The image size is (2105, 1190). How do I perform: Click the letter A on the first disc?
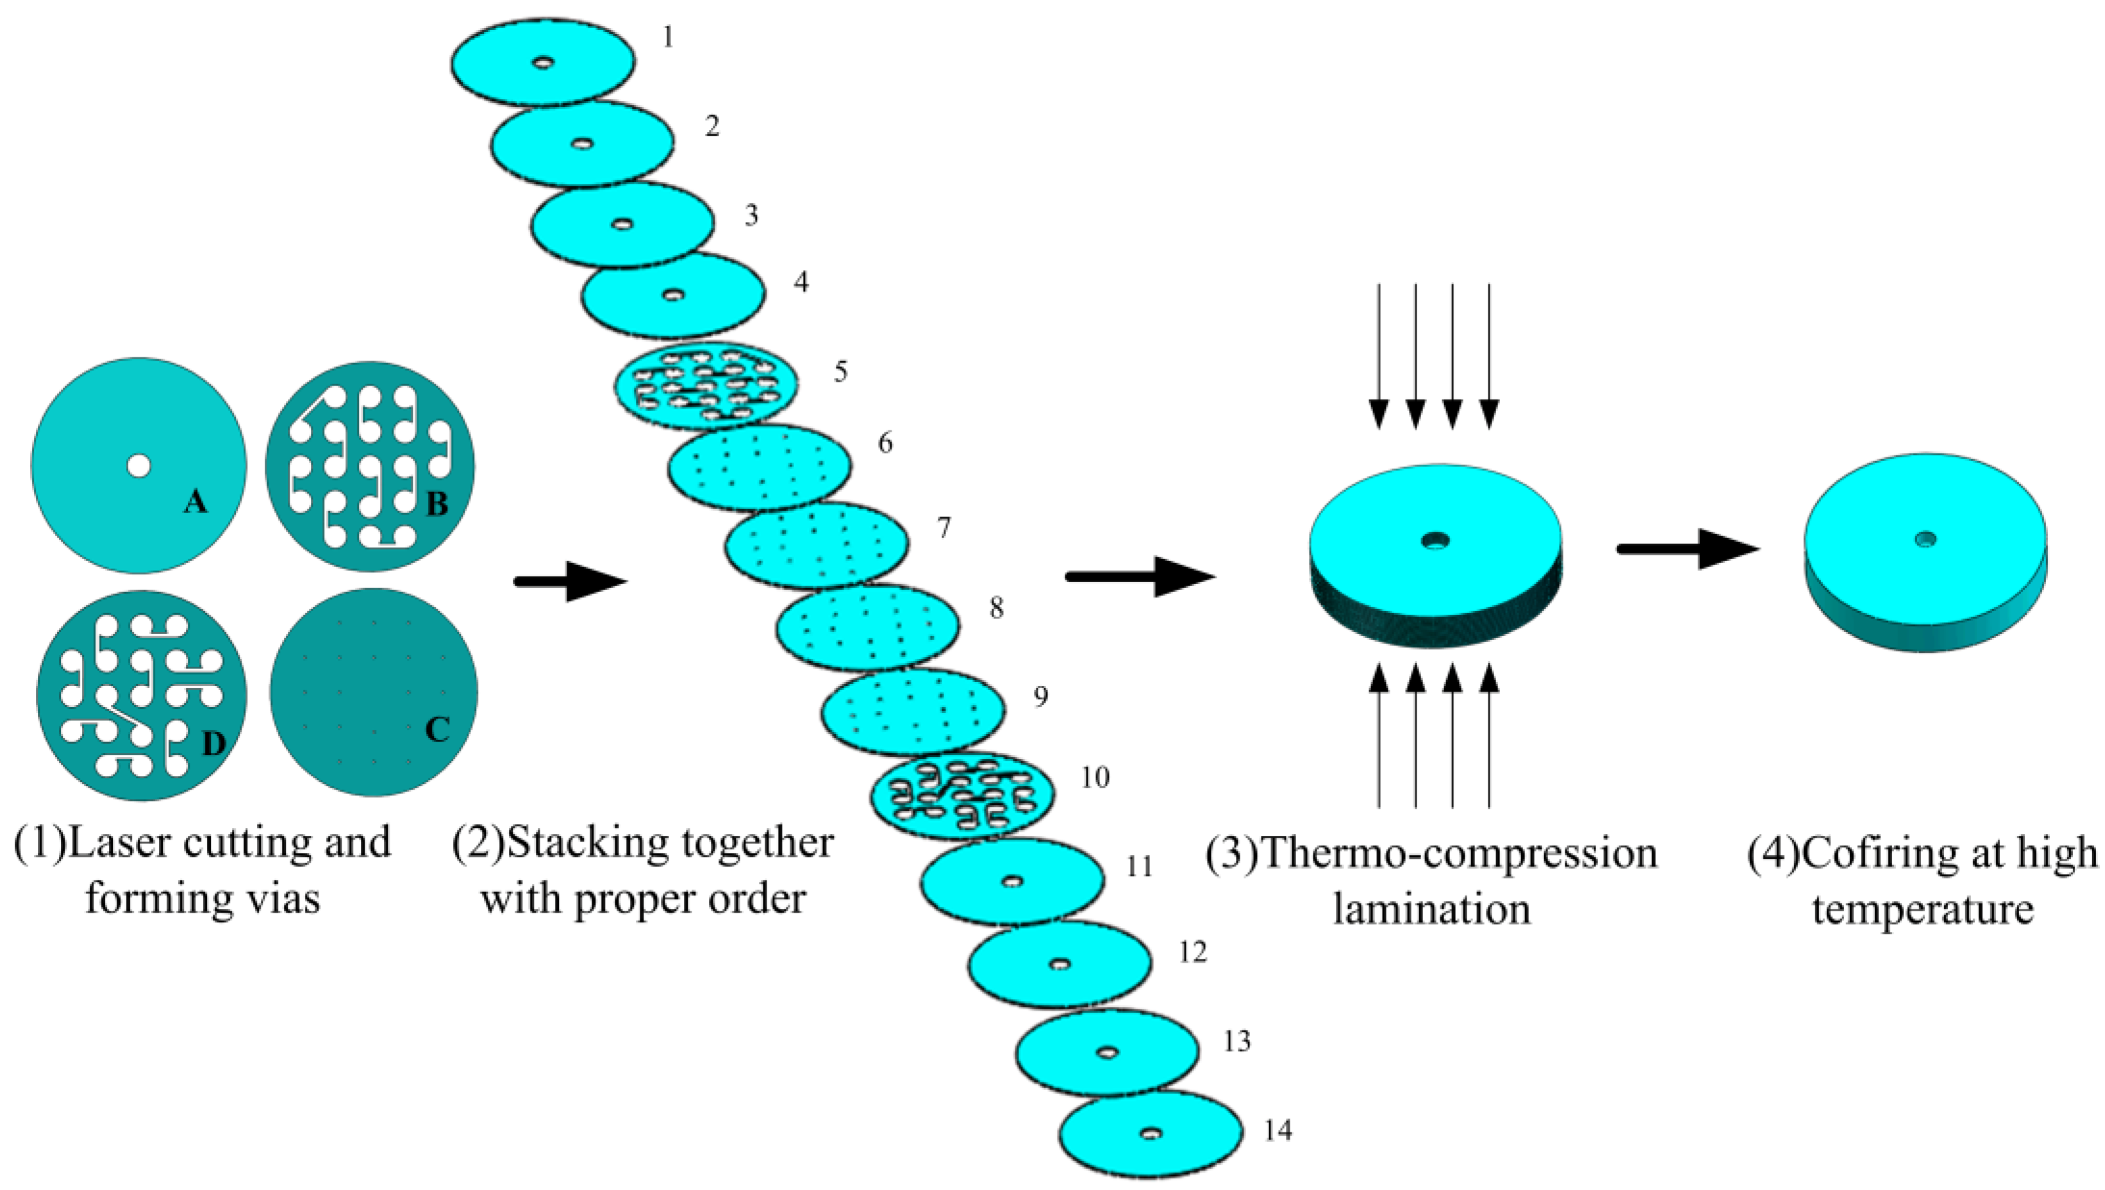(195, 501)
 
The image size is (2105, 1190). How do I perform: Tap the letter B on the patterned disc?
(438, 504)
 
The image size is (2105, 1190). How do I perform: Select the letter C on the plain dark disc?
(438, 729)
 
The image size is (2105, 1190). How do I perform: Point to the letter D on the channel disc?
(213, 744)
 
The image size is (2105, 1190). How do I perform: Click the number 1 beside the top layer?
(668, 38)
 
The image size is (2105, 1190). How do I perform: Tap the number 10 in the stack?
(1094, 778)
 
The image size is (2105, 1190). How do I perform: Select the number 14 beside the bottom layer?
(1277, 1131)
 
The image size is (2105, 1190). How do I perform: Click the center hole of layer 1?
(543, 63)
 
